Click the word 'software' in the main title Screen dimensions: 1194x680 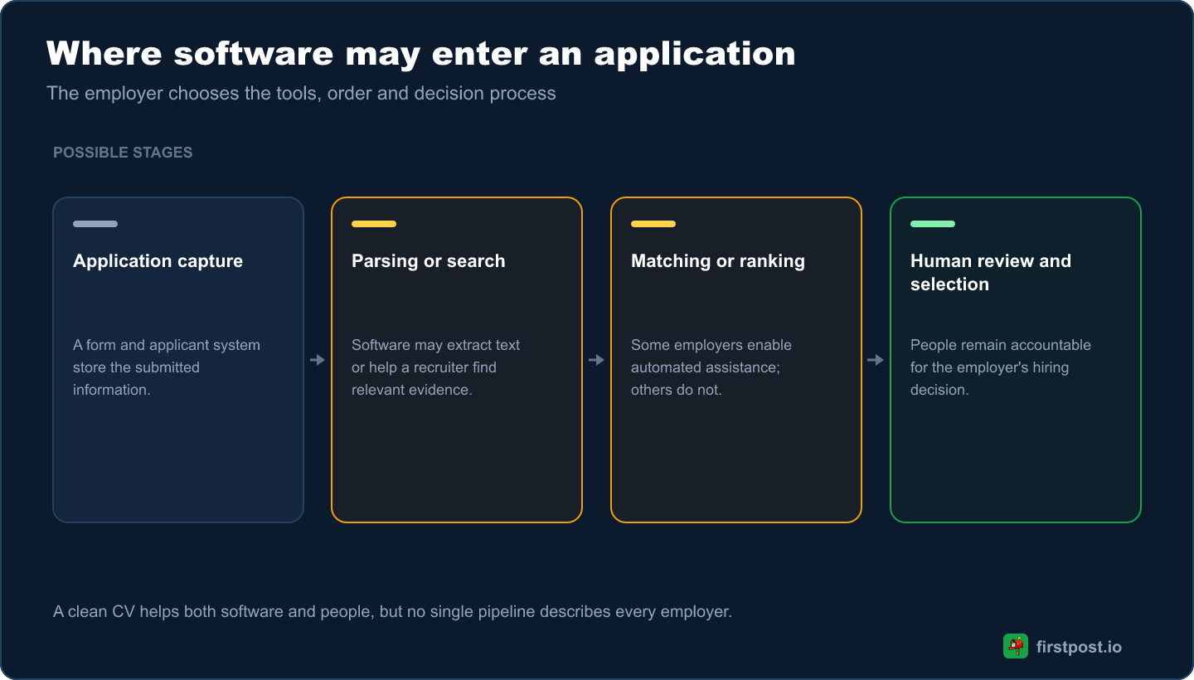[253, 54]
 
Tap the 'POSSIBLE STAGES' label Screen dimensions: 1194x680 [123, 153]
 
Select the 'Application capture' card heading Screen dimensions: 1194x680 [158, 261]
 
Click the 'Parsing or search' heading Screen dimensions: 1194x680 [428, 261]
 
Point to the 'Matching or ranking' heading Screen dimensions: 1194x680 [718, 261]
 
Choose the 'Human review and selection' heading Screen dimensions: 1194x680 [990, 272]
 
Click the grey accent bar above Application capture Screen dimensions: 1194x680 [95, 224]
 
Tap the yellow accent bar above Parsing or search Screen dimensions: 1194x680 [374, 224]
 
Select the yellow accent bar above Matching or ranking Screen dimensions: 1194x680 [653, 224]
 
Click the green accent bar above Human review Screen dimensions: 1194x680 [932, 224]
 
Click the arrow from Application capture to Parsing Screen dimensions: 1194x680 [317, 360]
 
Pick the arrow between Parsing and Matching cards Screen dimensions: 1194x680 [596, 360]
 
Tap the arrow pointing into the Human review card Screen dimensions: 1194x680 [876, 360]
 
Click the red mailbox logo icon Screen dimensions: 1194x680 [1016, 647]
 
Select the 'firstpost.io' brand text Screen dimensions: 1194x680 [1079, 647]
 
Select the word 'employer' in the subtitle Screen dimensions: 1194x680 [124, 94]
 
